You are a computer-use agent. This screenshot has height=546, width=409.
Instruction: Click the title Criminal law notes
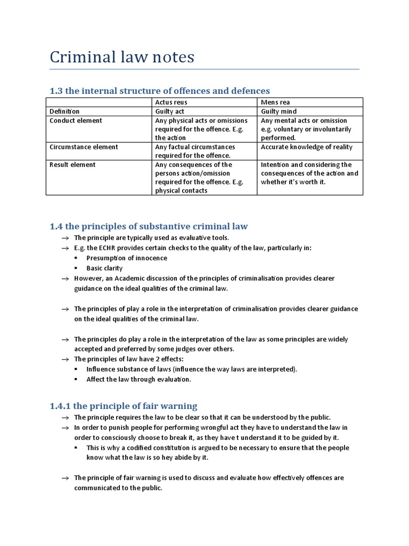tap(122, 57)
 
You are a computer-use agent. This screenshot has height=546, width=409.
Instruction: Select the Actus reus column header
tap(171, 102)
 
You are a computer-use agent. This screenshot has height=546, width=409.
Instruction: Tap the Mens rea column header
tap(275, 102)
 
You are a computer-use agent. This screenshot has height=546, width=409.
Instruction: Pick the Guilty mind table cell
tap(279, 111)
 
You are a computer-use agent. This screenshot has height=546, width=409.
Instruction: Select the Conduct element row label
tap(76, 121)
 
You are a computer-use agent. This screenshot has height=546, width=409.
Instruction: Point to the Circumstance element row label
tap(84, 147)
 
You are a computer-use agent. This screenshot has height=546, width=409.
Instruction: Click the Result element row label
tap(73, 165)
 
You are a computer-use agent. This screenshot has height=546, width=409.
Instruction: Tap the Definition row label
tap(64, 111)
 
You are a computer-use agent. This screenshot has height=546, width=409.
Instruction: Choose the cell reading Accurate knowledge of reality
tap(306, 147)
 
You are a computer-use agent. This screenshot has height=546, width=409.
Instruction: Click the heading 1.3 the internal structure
tap(160, 91)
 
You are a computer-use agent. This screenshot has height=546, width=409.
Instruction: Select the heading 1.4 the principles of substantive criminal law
tap(149, 227)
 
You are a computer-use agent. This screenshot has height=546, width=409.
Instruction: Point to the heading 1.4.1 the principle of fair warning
tap(124, 406)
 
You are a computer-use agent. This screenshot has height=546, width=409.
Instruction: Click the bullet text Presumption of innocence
tap(127, 258)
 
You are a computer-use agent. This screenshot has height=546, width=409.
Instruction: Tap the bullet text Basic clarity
tap(104, 268)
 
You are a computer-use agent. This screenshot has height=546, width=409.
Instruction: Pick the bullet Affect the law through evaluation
tap(138, 380)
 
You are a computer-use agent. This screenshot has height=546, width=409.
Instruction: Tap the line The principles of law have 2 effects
tap(128, 359)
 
